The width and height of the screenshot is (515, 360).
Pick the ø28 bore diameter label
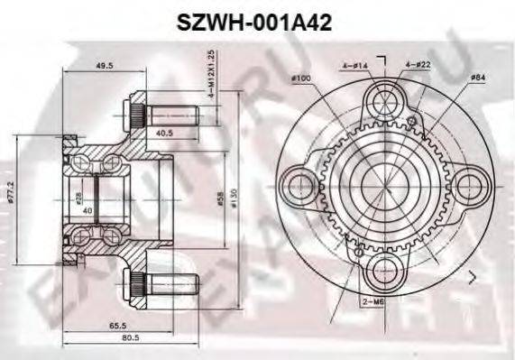78,197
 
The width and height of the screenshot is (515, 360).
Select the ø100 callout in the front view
303,79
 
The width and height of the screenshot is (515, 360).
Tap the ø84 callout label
478,79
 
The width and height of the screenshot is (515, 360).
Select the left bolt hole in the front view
297,186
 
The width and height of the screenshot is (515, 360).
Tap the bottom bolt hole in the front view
385,272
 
